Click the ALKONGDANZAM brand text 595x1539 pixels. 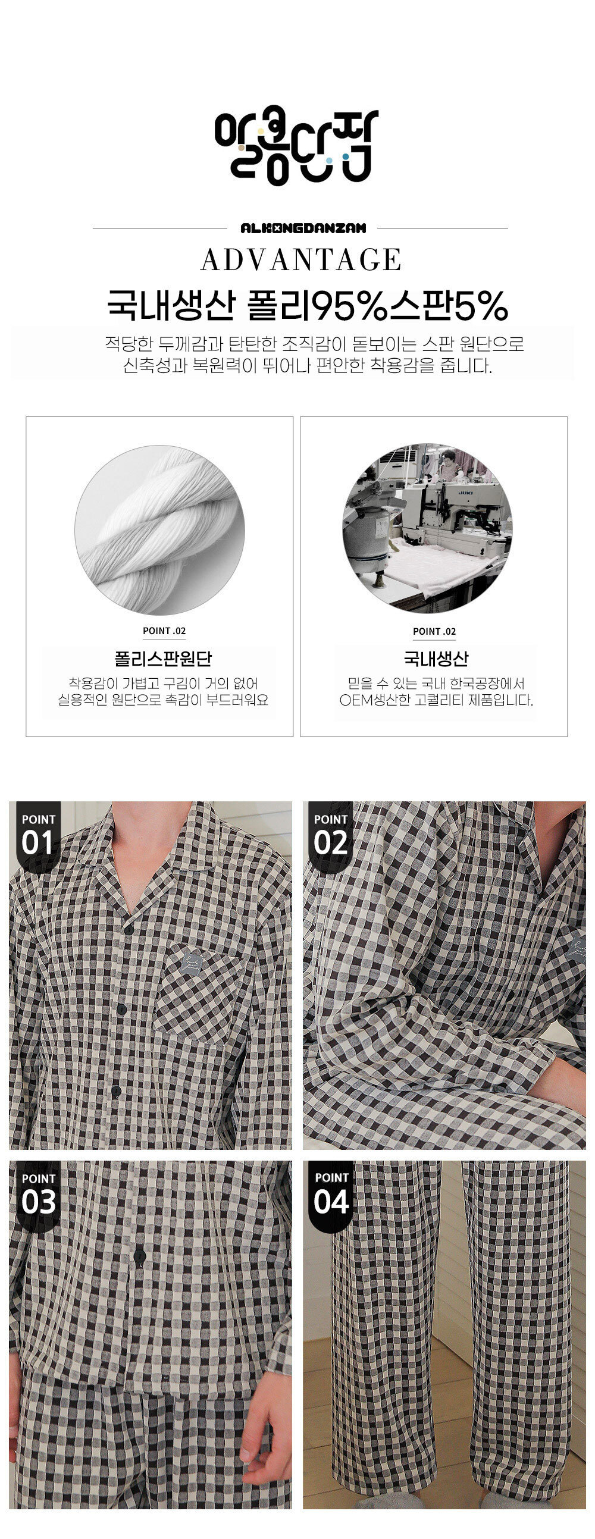[x=303, y=228]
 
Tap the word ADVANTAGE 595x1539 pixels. [x=301, y=259]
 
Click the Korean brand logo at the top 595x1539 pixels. [x=296, y=145]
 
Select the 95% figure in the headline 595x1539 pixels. [x=350, y=305]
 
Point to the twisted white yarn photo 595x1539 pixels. [x=159, y=530]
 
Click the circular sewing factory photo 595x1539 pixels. [x=427, y=528]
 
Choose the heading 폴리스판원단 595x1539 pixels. [x=162, y=659]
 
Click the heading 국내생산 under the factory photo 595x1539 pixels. [x=436, y=659]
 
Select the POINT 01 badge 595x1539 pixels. [x=38, y=836]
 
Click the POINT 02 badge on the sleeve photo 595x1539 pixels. [x=330, y=836]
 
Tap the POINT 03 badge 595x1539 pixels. [x=38, y=1196]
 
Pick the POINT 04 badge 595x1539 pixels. [x=331, y=1196]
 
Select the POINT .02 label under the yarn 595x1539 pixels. [x=164, y=631]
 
